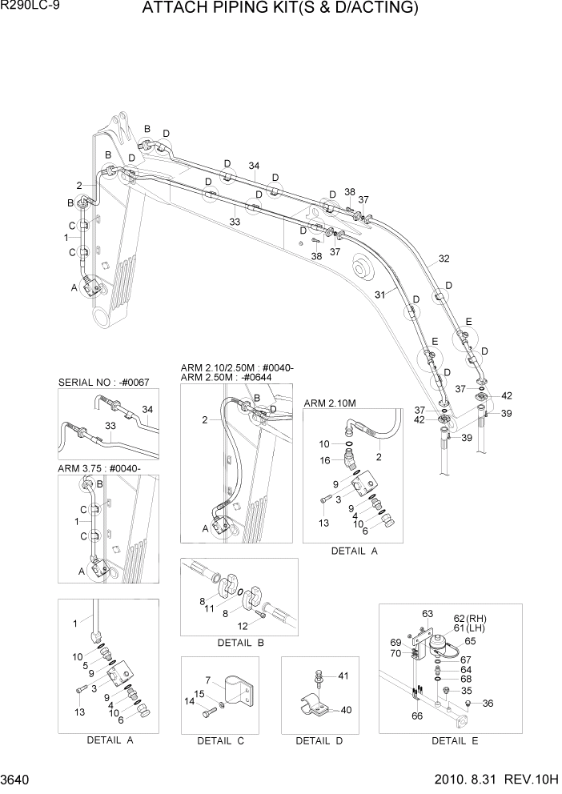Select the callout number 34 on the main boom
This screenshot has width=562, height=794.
pos(254,166)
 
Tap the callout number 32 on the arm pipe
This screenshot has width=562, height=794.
pos(444,259)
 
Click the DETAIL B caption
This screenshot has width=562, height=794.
pos(240,643)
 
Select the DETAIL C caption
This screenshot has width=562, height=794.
pos(220,740)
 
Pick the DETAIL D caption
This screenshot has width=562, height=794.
pos(319,740)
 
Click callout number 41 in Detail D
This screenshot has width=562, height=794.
pos(343,676)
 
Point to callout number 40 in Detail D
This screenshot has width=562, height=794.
pos(347,709)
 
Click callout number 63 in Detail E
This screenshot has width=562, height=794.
pos(427,614)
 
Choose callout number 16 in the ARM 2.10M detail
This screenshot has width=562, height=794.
pos(325,459)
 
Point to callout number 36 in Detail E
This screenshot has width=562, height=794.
pos(489,703)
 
